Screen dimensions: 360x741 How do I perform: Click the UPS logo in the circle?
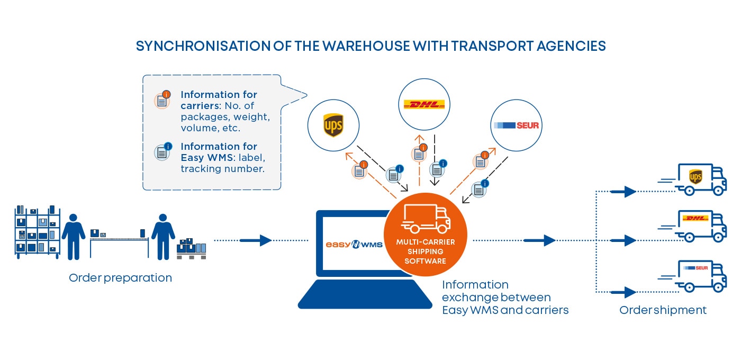(333, 126)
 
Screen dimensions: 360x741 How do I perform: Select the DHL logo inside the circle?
(424, 104)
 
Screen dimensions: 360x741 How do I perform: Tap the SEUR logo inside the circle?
(516, 125)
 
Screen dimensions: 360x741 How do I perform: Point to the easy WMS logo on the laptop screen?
(354, 245)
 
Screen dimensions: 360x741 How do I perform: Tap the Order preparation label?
(120, 278)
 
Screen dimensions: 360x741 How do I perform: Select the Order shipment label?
(663, 310)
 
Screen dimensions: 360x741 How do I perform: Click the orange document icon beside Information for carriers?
(162, 100)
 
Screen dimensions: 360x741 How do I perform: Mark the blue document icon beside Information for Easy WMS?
(162, 151)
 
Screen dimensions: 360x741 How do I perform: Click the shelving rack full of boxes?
(37, 233)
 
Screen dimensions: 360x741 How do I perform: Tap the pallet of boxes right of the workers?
(191, 249)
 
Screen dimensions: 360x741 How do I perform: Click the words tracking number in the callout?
(222, 169)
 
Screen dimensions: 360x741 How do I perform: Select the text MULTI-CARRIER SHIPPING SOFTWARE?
(425, 251)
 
